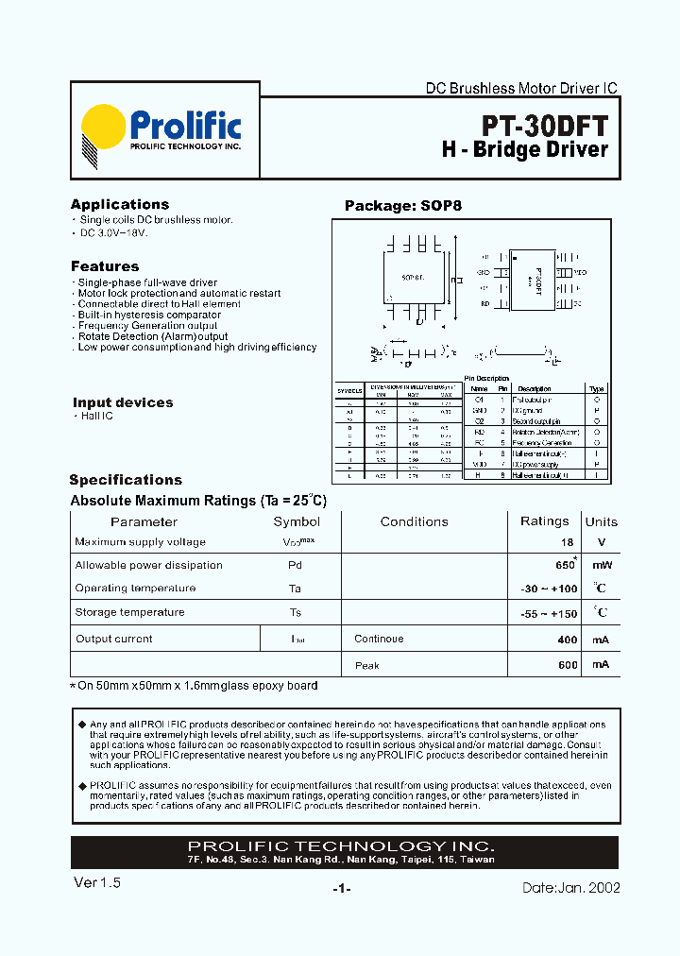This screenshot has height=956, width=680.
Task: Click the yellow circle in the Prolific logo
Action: [103, 128]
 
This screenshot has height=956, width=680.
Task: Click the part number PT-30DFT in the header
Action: [545, 126]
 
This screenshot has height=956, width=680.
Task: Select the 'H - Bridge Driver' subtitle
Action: [525, 150]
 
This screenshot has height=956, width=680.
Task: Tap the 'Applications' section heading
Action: [120, 204]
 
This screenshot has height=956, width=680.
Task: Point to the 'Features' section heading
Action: [105, 266]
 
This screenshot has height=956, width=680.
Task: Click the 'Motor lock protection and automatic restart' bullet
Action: [178, 294]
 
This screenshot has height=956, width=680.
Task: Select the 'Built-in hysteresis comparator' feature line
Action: [149, 315]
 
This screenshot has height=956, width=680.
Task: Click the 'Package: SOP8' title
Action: [403, 206]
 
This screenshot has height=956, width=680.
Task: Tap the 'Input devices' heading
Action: [123, 402]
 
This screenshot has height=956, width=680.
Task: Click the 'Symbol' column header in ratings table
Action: [297, 521]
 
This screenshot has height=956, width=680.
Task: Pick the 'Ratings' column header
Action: [545, 521]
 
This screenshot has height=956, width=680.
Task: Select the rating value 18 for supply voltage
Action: [567, 542]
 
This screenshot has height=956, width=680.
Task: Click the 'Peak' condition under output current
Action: [367, 665]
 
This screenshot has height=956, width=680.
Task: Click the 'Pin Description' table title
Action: [487, 378]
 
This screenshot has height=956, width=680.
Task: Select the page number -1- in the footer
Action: [342, 889]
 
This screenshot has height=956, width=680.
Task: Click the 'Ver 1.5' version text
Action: [97, 882]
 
